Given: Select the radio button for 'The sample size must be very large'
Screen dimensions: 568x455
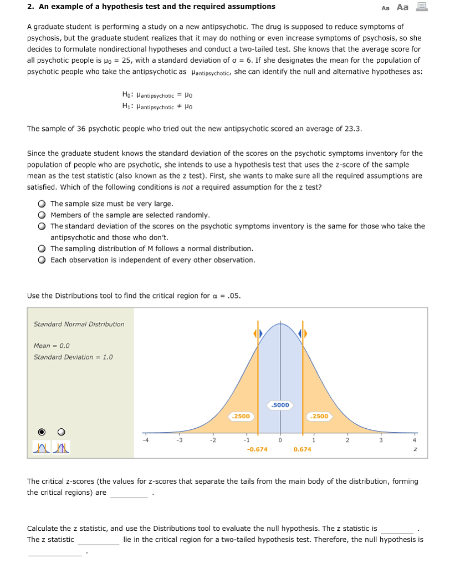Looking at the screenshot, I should [x=42, y=204].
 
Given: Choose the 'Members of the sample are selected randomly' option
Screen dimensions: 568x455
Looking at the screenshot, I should [x=42, y=215].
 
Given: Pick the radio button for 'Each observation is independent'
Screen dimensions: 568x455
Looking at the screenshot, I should [x=42, y=260].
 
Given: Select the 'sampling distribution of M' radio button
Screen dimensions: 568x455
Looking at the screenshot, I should [x=42, y=248].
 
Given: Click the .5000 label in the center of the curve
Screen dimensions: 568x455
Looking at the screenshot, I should [x=280, y=405].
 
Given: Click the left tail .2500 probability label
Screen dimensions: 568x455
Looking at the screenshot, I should [x=241, y=416].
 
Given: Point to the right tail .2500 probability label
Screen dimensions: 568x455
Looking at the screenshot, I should [x=320, y=416].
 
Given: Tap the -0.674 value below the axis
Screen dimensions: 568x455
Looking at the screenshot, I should [x=257, y=449].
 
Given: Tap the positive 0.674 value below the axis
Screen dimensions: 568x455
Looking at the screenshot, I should [x=302, y=449].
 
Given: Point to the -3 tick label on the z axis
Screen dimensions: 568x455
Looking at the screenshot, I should [x=179, y=442].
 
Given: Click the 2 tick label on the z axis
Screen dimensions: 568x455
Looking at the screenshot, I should [x=347, y=442].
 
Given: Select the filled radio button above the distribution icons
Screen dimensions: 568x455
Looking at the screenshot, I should [x=42, y=432].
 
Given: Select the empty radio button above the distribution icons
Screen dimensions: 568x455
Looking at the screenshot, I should [x=61, y=432].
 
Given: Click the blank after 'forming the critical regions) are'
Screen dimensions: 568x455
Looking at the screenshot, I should [x=129, y=493].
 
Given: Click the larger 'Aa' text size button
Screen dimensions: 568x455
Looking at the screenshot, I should [x=403, y=7].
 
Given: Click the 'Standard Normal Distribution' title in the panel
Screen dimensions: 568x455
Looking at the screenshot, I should [x=79, y=324].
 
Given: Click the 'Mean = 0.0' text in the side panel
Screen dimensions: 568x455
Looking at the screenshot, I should [x=52, y=346].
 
